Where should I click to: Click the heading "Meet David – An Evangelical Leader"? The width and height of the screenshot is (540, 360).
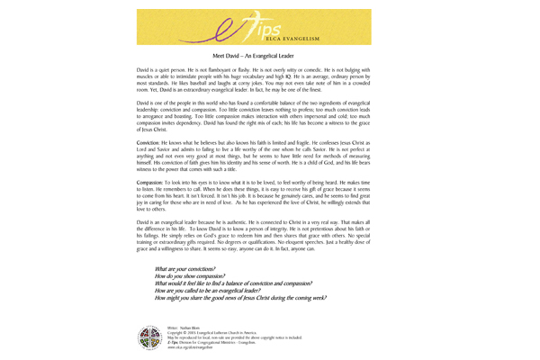(269, 56)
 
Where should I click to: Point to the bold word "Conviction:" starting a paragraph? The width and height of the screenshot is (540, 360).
(151, 143)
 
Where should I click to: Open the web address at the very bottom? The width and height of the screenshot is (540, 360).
(191, 347)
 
